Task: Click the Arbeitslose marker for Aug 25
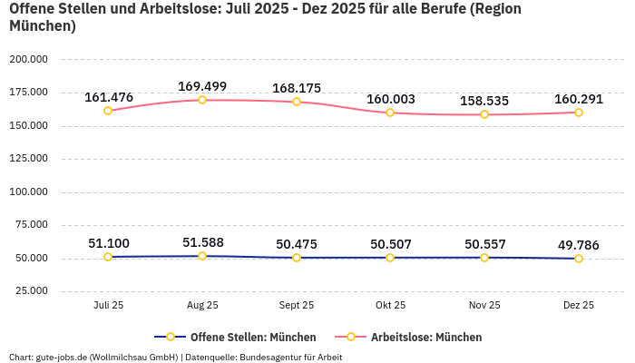click(x=202, y=100)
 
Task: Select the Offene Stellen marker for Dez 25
click(x=579, y=259)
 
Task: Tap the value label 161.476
click(x=108, y=97)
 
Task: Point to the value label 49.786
click(x=579, y=244)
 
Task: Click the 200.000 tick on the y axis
click(x=28, y=59)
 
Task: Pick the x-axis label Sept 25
click(x=297, y=306)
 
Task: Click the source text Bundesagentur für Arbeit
click(x=291, y=357)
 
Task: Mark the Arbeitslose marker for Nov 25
click(x=484, y=114)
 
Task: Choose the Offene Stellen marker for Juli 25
click(x=108, y=257)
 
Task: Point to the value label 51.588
click(x=202, y=242)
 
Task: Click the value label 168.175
click(x=297, y=88)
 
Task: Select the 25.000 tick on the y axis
click(x=31, y=291)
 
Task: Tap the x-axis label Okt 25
click(x=390, y=306)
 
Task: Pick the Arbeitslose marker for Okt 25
click(x=390, y=113)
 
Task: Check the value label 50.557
click(x=484, y=244)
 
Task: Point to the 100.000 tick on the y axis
click(x=28, y=191)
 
